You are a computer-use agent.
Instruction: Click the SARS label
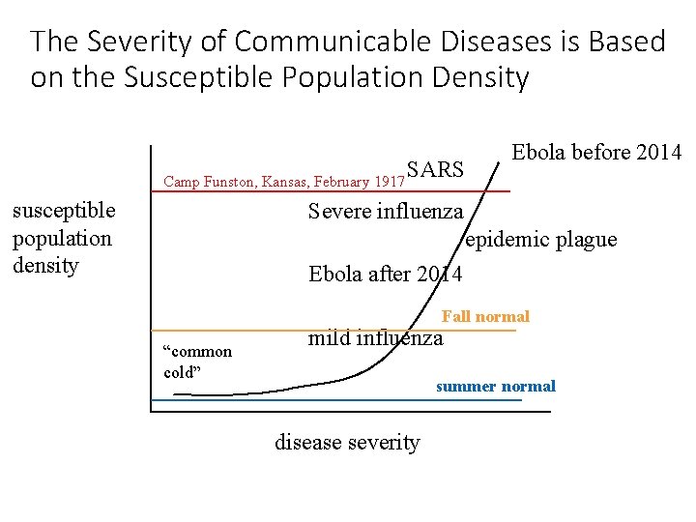click(x=436, y=171)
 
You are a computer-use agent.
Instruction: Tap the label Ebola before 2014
click(x=596, y=153)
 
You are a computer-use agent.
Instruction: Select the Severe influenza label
click(x=386, y=212)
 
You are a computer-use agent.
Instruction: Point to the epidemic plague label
click(x=541, y=241)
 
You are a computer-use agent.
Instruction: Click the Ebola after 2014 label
click(x=386, y=275)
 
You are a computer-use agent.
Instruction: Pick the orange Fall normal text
click(x=485, y=317)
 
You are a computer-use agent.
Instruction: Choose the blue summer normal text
click(x=496, y=387)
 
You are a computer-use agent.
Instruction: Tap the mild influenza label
click(x=375, y=338)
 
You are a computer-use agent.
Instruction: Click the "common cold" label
click(x=197, y=362)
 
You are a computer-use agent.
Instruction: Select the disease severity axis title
click(x=348, y=444)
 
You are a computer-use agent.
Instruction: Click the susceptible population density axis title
click(x=63, y=238)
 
